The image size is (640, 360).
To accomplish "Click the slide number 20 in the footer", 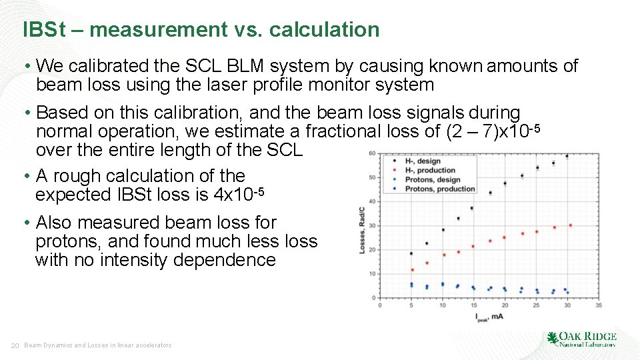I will tap(14, 345).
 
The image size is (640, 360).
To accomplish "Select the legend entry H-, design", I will tap(423, 161).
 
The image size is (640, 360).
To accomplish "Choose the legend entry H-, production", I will tap(430, 171).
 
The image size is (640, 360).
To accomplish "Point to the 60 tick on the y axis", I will tap(372, 154).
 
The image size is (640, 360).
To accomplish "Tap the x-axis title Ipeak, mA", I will tap(489, 317).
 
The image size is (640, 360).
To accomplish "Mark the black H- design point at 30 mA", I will tap(567, 157).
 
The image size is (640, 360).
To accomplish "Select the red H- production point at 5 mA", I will tap(412, 270).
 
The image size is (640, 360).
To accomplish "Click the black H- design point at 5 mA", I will tap(411, 253).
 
